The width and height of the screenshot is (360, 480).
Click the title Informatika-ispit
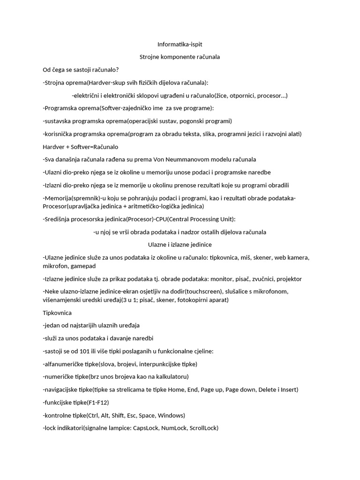coord(180,44)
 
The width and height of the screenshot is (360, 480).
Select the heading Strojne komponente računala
coord(180,57)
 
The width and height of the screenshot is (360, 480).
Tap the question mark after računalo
coord(117,70)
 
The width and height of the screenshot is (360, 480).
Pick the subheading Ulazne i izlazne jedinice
coord(180,245)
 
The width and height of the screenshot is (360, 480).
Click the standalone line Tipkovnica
coord(57,313)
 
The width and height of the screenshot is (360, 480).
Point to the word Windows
coord(171,415)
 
